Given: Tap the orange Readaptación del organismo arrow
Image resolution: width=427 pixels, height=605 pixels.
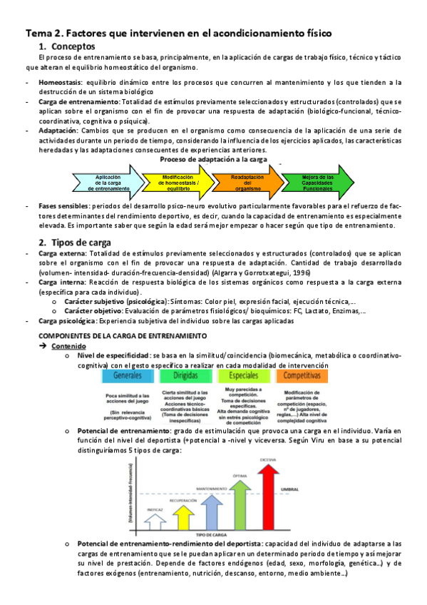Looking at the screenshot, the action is click(x=247, y=183).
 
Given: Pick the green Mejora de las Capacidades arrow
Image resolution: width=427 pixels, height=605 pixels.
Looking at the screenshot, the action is click(x=317, y=183).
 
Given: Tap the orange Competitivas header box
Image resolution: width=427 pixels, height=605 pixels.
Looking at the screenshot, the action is click(x=302, y=375).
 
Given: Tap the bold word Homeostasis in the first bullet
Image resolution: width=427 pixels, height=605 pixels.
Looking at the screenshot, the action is click(x=60, y=83).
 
